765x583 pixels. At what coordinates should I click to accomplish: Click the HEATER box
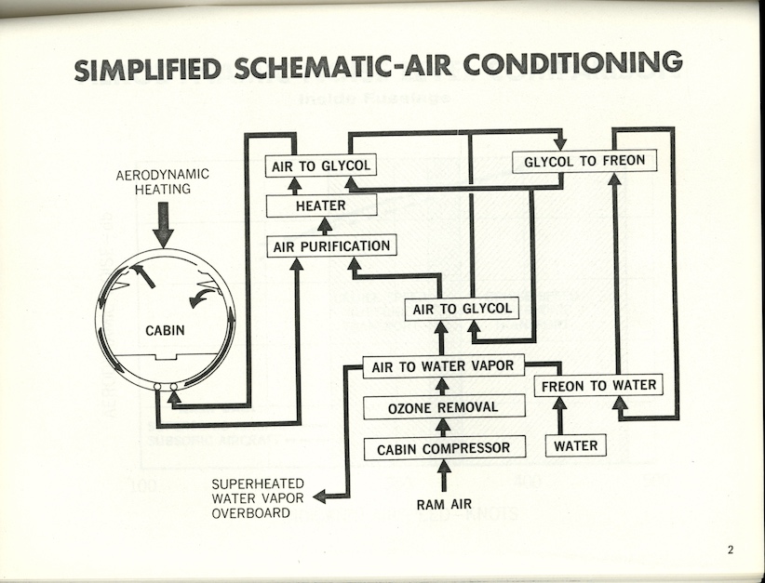[321, 205]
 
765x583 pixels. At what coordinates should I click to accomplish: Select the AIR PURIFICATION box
[329, 246]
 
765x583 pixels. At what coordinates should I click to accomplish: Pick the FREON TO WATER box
[598, 386]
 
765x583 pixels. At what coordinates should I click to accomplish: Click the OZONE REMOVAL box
[442, 407]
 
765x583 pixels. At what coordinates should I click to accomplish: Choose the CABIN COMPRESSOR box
[443, 448]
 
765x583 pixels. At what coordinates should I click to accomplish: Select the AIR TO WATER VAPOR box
[442, 366]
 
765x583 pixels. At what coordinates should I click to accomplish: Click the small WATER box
[576, 446]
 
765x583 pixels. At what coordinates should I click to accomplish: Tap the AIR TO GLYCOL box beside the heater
[321, 166]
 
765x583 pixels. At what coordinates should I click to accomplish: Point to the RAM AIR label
[444, 505]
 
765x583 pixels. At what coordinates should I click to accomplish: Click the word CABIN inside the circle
[165, 330]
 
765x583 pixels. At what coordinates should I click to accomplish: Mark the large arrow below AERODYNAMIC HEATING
[164, 226]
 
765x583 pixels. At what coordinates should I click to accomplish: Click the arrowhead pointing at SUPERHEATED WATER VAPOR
[320, 496]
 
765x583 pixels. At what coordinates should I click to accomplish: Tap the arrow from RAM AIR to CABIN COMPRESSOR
[444, 476]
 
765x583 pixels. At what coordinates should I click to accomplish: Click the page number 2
[731, 550]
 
